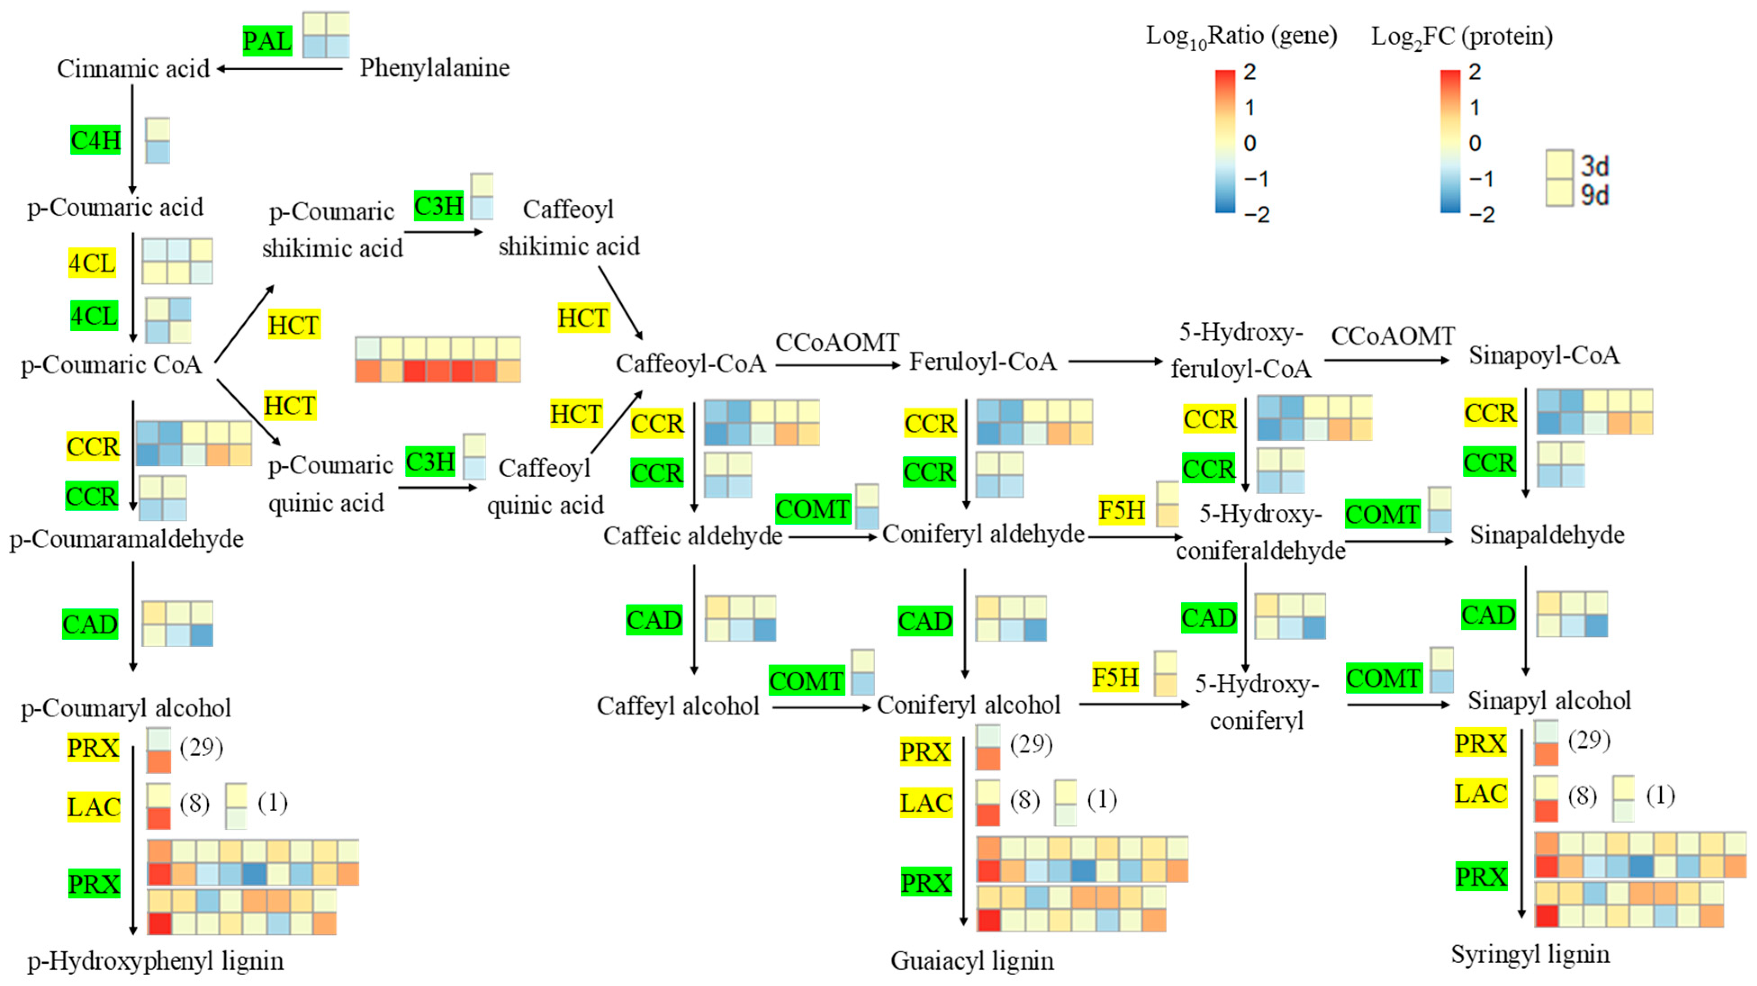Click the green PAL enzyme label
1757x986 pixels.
pyautogui.click(x=267, y=41)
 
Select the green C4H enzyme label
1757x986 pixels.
pyautogui.click(x=95, y=140)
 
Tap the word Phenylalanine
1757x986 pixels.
pyautogui.click(x=435, y=68)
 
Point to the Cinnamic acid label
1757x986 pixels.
pyautogui.click(x=133, y=68)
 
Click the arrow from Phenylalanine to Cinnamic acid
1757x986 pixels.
pyautogui.click(x=280, y=68)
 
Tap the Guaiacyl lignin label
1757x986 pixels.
pyautogui.click(x=972, y=961)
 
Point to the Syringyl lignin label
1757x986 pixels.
pyautogui.click(x=1530, y=954)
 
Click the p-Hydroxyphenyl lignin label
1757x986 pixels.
pyautogui.click(x=156, y=961)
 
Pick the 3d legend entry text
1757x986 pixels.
pyautogui.click(x=1595, y=166)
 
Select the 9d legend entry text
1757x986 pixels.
pyautogui.click(x=1595, y=195)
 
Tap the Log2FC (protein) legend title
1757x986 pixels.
pyautogui.click(x=1462, y=36)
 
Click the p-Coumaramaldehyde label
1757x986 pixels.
pyautogui.click(x=126, y=539)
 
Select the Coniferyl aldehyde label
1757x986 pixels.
pyautogui.click(x=983, y=534)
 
